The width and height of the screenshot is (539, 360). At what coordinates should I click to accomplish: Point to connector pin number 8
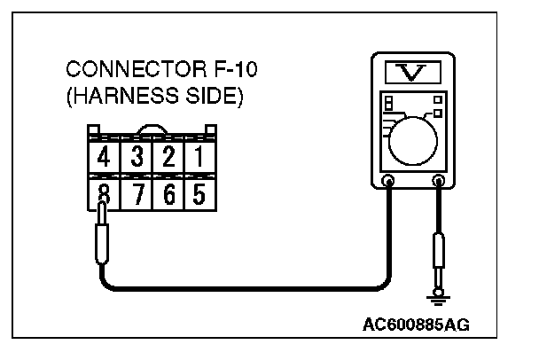[104, 192]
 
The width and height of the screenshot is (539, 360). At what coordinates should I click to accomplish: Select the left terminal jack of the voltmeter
[387, 183]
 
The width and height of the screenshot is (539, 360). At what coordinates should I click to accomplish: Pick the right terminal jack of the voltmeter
[437, 183]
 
